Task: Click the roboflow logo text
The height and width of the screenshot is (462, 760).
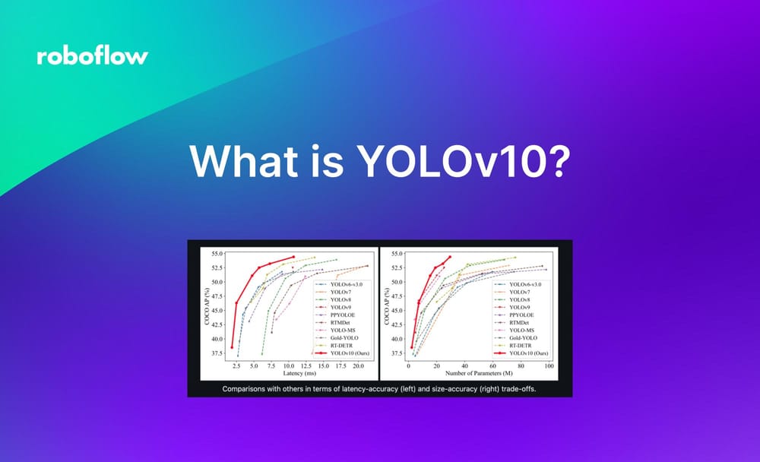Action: pos(92,57)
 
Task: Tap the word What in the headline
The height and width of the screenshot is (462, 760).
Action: pos(242,162)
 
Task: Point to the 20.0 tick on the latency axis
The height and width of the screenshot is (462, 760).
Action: pos(357,366)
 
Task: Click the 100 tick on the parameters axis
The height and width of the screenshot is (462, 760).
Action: pos(549,366)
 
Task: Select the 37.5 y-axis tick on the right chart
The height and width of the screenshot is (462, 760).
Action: pos(395,353)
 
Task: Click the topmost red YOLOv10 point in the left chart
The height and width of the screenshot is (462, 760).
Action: pos(293,257)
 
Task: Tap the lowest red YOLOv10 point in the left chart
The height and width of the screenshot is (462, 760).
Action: pos(232,347)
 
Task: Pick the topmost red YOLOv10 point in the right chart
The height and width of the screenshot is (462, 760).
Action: pos(450,257)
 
